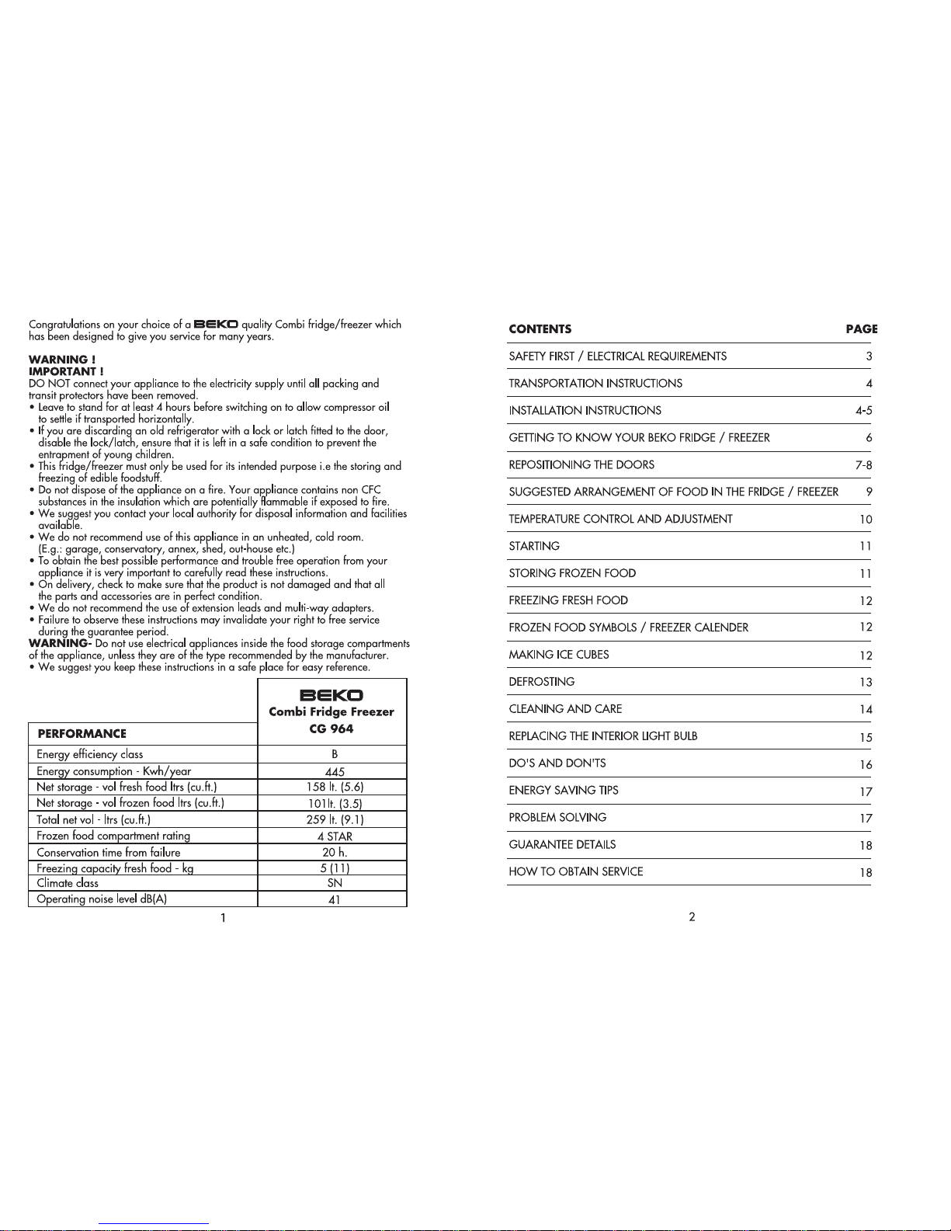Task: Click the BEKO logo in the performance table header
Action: [331, 695]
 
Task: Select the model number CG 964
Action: [331, 729]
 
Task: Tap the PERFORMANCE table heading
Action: [82, 733]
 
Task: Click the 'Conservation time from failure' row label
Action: [109, 852]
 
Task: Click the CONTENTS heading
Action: [540, 329]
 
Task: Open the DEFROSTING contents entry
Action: [542, 682]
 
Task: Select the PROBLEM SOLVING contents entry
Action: [557, 817]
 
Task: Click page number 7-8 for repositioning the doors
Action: [863, 465]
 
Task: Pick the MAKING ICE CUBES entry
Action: [559, 655]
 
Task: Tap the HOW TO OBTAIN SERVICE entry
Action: [576, 871]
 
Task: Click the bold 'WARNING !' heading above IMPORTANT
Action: [62, 360]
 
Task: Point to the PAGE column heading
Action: [862, 329]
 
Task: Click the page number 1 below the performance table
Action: [224, 918]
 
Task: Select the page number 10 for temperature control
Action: [866, 520]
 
